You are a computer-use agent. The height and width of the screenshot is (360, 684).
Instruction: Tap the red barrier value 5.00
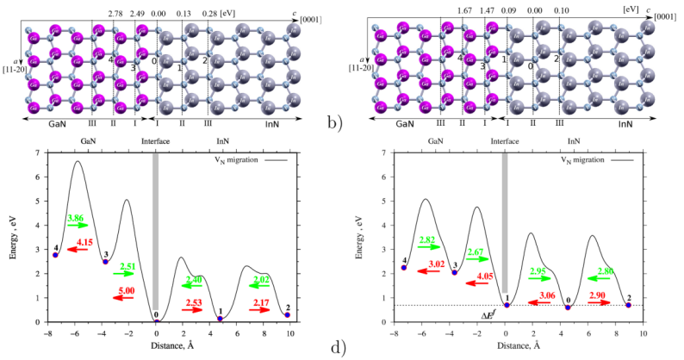click(x=125, y=290)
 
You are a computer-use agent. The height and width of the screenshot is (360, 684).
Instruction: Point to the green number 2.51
click(x=126, y=265)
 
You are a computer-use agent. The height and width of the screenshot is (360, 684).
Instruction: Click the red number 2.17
click(x=259, y=301)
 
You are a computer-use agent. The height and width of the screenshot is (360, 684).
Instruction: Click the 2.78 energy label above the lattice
click(x=116, y=15)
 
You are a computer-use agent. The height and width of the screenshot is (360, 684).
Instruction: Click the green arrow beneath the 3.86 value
click(x=78, y=226)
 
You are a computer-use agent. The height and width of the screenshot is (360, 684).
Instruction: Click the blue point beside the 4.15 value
click(x=55, y=254)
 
